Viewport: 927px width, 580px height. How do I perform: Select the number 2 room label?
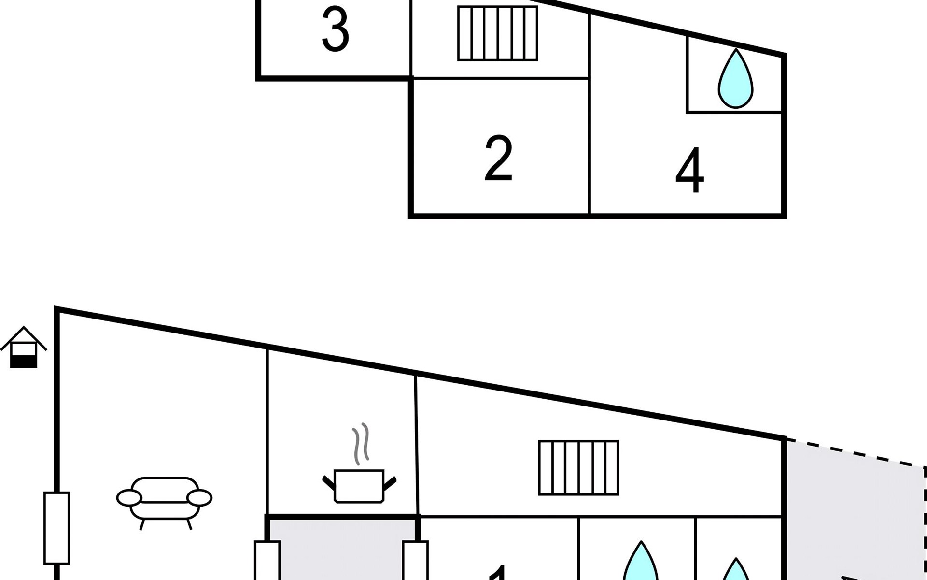(498, 159)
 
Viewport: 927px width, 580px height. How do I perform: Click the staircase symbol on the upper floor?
(498, 33)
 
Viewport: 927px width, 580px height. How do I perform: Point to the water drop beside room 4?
(735, 80)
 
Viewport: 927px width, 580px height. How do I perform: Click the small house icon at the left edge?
(24, 347)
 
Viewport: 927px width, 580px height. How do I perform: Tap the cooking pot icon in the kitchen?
(359, 485)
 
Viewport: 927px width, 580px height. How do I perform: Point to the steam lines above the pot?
(360, 443)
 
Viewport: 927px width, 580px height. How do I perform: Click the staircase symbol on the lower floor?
(578, 467)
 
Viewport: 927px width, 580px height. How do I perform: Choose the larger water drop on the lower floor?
(641, 563)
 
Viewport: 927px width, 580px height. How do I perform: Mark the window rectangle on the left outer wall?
(57, 528)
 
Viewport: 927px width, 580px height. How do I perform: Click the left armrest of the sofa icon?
(129, 497)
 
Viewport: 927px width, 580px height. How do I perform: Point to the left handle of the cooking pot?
(328, 482)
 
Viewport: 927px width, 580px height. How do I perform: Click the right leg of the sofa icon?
(189, 524)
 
